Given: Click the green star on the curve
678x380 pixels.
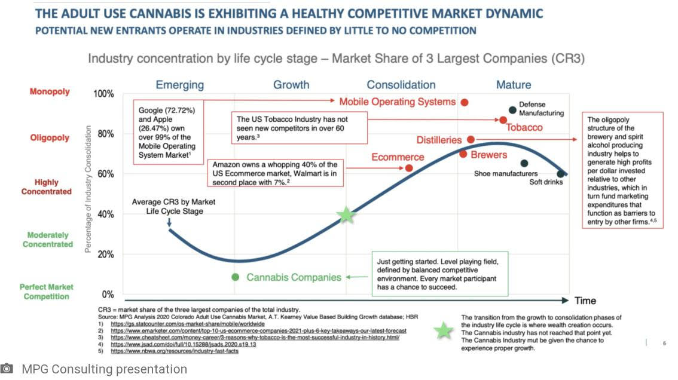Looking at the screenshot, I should point(346,215).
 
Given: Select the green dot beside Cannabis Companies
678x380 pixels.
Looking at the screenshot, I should point(236,277).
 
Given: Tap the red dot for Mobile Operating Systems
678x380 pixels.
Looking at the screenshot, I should point(465,102).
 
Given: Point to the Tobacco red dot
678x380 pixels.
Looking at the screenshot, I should point(503,119).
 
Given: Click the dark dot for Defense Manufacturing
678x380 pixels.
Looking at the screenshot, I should point(512,110).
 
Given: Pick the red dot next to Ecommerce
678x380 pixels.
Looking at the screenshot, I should point(409,168).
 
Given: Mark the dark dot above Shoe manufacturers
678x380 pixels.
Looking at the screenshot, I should point(524,163).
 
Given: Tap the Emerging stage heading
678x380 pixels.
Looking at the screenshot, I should point(180,85).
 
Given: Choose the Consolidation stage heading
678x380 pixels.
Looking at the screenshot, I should point(401,85).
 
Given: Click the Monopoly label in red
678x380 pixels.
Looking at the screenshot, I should point(50,92).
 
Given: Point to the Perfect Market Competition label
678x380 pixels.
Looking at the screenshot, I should point(47,292).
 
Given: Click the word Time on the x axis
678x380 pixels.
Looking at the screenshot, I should point(585,301).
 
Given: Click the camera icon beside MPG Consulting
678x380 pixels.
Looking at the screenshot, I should point(7,369).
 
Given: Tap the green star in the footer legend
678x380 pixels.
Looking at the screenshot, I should point(443,330).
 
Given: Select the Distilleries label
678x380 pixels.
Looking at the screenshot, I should point(439,140).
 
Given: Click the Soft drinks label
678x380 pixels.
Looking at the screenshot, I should point(546,182).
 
